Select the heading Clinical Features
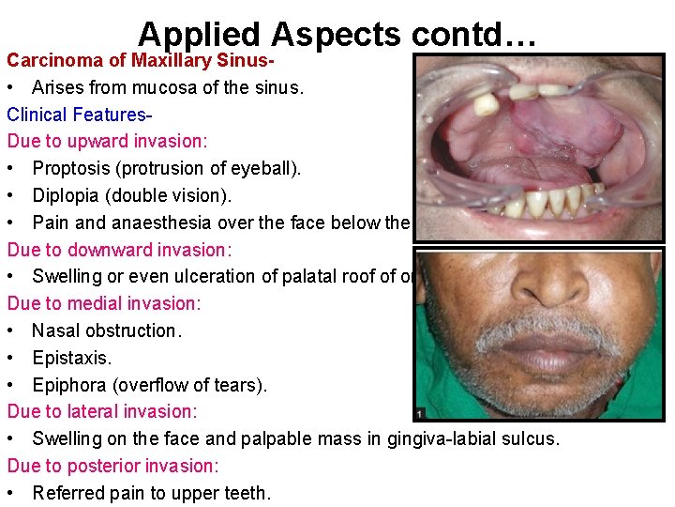click(78, 115)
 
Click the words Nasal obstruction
click(105, 330)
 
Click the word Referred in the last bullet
click(67, 493)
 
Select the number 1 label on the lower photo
click(419, 413)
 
